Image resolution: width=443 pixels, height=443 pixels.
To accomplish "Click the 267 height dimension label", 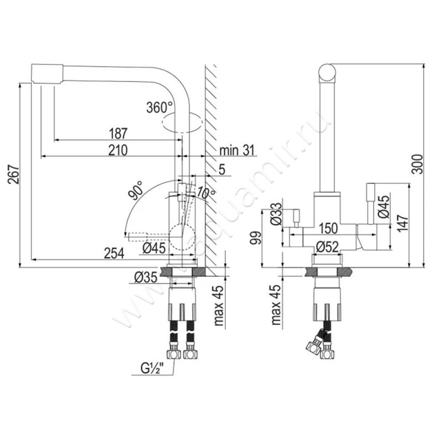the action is coord(14,174).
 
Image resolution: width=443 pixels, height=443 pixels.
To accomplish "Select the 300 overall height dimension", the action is coord(418,164).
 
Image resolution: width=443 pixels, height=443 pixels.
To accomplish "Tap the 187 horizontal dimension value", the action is coord(118,133).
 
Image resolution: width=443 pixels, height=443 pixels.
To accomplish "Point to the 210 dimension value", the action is coord(118,150).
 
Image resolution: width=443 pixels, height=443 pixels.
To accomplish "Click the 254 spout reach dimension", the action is coord(114,253).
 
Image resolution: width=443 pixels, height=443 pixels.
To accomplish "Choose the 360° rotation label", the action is coord(159,107).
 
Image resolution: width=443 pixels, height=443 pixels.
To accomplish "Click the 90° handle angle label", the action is coord(136,190).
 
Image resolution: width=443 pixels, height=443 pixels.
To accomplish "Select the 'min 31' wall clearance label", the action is coord(237,150).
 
